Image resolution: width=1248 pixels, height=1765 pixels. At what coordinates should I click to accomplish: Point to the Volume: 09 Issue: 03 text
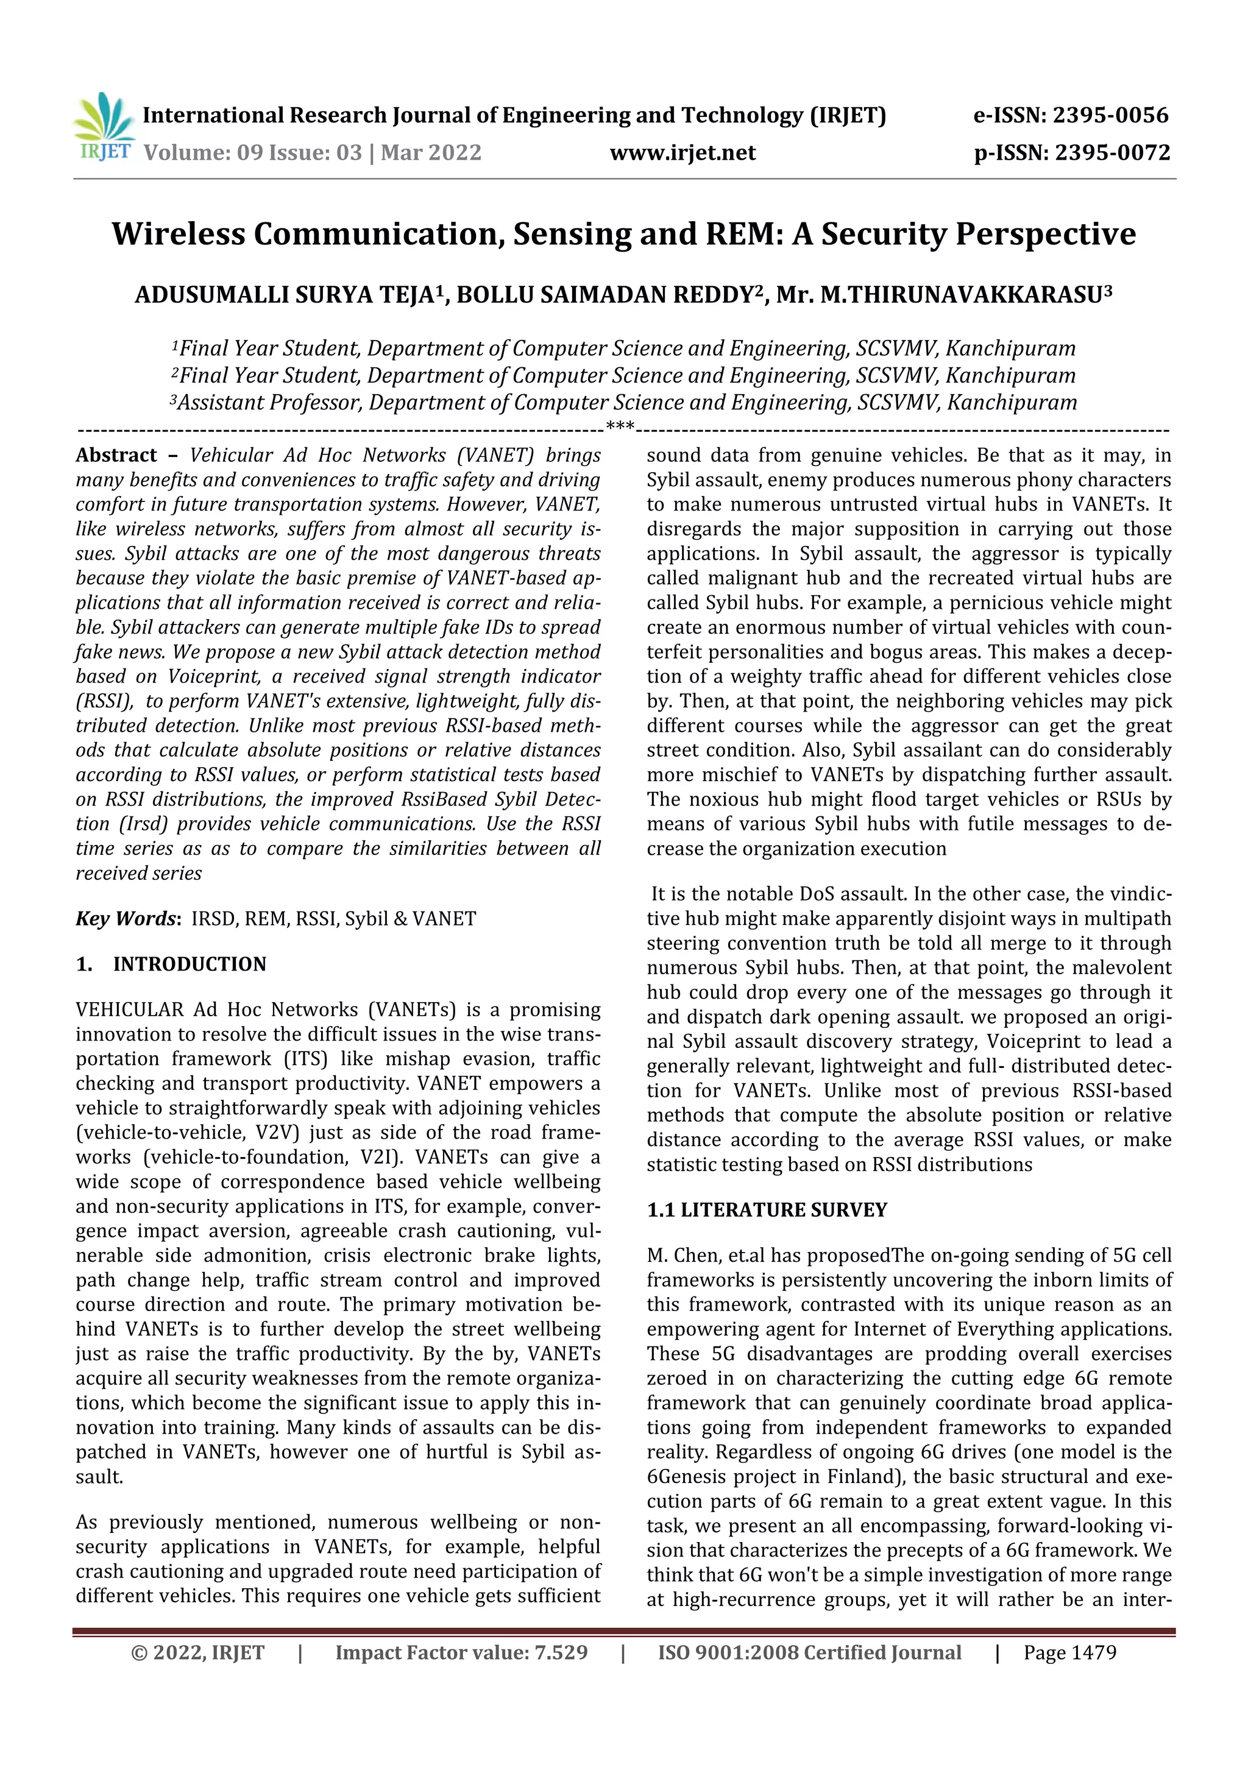(253, 153)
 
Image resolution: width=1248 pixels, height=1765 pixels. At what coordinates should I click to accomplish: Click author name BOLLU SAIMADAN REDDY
(608, 295)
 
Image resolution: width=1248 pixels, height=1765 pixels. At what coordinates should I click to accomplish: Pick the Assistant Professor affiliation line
(623, 403)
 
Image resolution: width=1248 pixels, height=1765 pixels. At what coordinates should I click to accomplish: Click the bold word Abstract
(116, 455)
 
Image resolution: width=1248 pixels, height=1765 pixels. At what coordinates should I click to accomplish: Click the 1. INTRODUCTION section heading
(171, 964)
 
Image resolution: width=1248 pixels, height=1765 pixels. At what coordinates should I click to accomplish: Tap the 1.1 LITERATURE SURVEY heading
(767, 1210)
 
